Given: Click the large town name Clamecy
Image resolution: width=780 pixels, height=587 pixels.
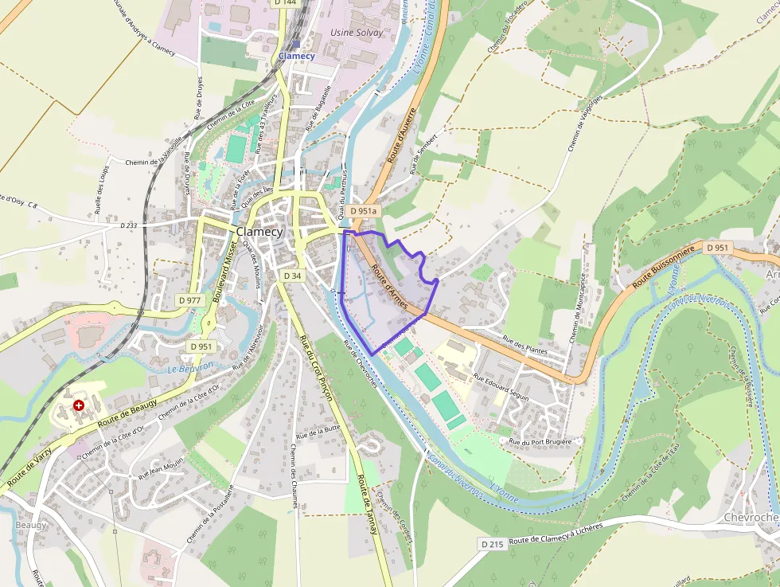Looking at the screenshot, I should coord(259,232).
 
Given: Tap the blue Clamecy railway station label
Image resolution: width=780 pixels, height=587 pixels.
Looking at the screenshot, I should coord(296,56).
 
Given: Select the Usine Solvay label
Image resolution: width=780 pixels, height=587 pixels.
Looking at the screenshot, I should coord(356,33).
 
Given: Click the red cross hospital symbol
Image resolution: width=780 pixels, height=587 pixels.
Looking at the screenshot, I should coord(78,405).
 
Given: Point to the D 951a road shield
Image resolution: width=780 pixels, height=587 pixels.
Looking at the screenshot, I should coord(363,211).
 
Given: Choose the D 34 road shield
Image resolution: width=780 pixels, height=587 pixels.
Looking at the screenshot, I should coord(292,276).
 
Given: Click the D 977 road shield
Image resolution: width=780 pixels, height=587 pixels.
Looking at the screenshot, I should coord(190,299).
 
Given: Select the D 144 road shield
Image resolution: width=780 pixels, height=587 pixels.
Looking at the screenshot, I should coord(284,3).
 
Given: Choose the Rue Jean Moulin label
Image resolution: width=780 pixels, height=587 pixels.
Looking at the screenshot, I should coord(161,468).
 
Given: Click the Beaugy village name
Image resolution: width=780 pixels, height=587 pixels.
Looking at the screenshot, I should coord(31,525).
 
